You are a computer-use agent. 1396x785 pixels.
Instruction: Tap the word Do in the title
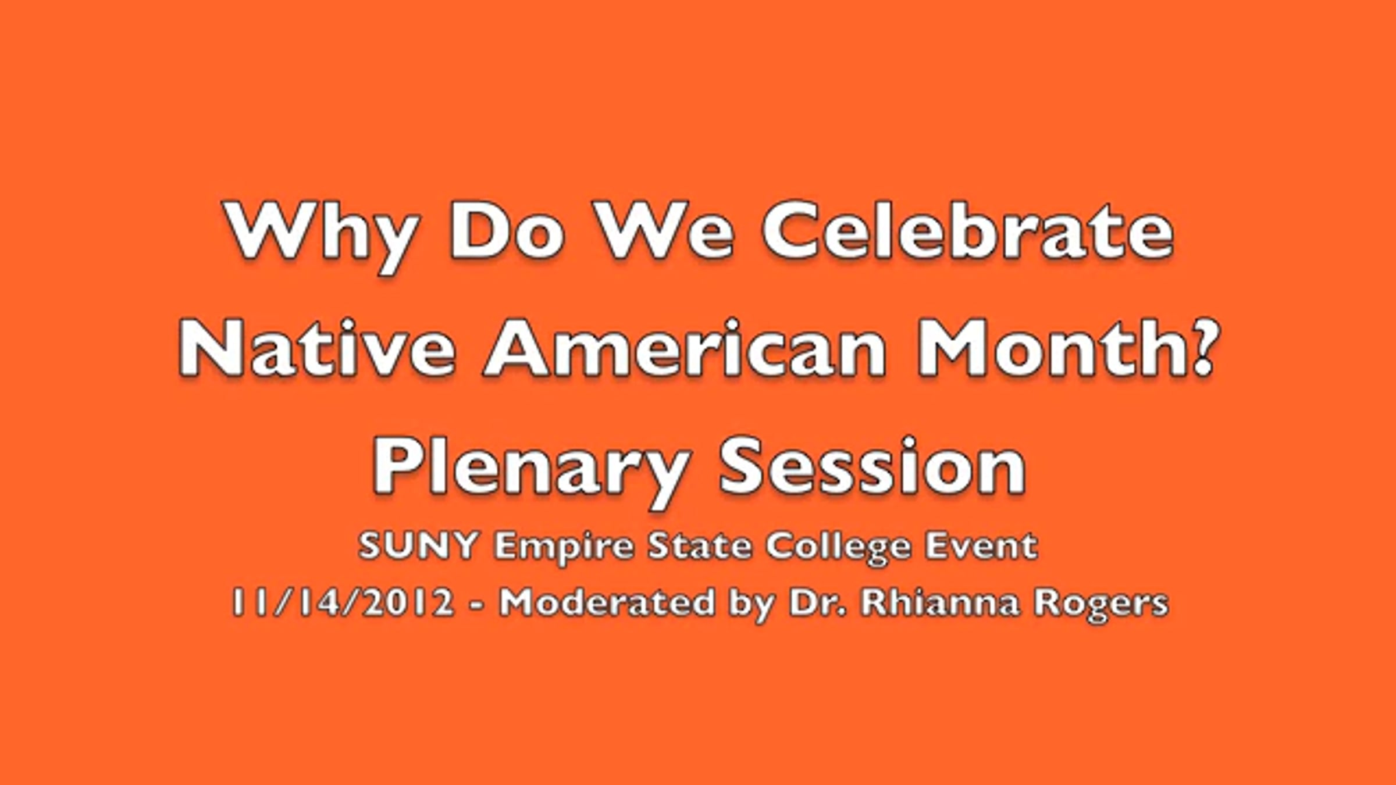pos(507,230)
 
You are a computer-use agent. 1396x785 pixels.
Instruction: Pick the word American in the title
pos(686,347)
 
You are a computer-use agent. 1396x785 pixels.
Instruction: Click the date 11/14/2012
pos(343,601)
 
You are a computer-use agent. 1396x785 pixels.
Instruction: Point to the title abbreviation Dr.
pos(817,601)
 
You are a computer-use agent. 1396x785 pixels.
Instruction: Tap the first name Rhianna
pos(939,601)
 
